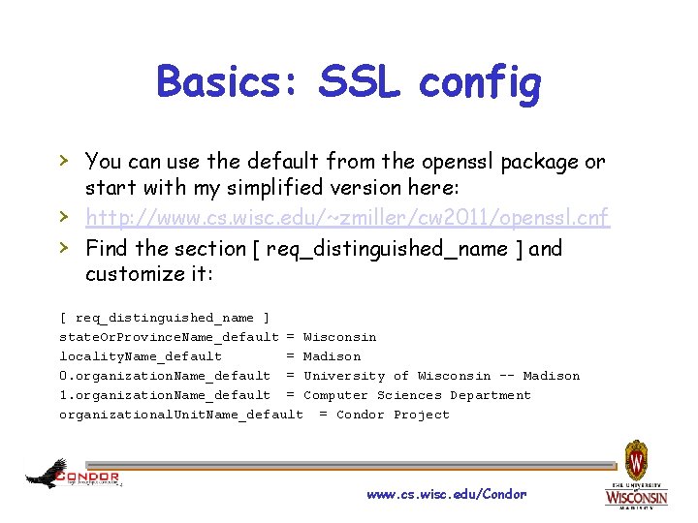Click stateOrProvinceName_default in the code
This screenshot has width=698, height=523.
(x=169, y=337)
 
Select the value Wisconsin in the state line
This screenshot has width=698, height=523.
(x=339, y=337)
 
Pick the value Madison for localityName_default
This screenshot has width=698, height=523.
(x=332, y=356)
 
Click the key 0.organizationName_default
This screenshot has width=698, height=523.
(x=165, y=376)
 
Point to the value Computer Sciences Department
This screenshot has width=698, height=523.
(x=417, y=395)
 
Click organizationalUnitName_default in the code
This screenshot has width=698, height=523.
(x=180, y=415)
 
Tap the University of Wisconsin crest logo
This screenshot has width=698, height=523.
(x=636, y=474)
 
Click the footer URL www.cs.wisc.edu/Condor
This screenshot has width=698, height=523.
(x=446, y=494)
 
